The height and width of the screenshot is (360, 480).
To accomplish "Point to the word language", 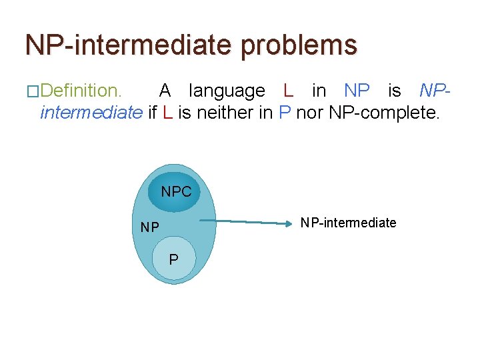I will (x=227, y=90).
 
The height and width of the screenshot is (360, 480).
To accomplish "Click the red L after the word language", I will (x=288, y=90).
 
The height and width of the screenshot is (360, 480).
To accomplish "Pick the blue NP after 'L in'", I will (x=357, y=90).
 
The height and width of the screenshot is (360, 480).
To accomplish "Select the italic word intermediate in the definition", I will (x=91, y=112).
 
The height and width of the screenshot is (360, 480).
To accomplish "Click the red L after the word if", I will (x=167, y=112).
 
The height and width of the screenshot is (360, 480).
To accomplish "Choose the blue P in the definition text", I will (x=285, y=112).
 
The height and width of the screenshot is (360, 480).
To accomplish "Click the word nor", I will (x=310, y=112).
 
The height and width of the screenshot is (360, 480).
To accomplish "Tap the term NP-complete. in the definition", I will (x=385, y=112).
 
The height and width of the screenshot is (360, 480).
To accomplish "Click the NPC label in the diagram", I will (x=176, y=192).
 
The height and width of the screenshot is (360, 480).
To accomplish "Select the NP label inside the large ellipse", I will (x=150, y=227).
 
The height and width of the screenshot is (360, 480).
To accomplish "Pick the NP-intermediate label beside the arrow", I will (x=348, y=223).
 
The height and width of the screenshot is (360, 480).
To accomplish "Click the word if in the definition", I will (x=152, y=112).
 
